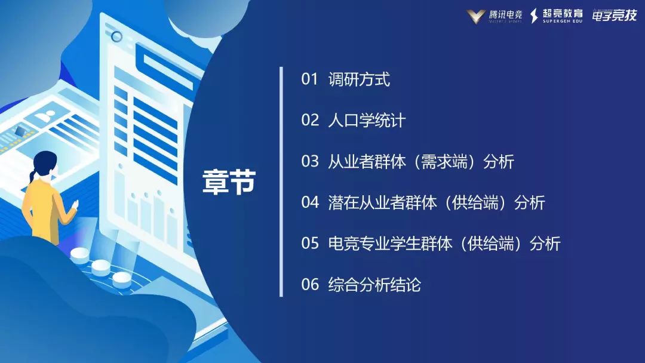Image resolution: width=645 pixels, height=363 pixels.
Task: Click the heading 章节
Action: coord(229,181)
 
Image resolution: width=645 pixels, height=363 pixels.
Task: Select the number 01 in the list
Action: coord(310,79)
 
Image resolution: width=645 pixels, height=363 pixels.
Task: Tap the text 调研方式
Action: coord(359,79)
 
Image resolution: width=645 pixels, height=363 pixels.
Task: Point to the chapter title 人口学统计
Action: coord(367,121)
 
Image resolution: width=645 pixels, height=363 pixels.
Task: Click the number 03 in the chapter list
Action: coord(310,162)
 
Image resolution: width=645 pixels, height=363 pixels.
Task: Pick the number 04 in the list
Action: coord(310,203)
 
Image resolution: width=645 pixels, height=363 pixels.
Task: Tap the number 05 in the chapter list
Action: coord(310,244)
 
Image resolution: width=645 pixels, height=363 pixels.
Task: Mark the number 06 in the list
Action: coord(310,285)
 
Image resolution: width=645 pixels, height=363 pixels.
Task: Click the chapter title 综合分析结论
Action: coord(374,285)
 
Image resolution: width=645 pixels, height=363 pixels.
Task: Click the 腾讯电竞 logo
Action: coord(494,16)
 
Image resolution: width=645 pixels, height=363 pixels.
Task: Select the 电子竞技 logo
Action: coord(614,16)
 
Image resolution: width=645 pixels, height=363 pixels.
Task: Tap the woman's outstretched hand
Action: coord(75,205)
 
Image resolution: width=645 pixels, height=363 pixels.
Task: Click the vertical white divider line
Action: coord(281,181)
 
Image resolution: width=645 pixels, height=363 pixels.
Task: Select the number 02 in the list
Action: coord(310,121)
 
